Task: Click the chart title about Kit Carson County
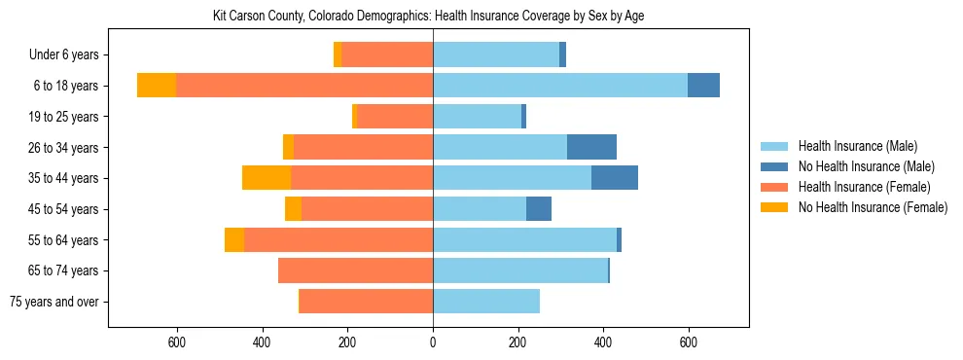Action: (428, 17)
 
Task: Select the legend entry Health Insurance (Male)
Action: (857, 147)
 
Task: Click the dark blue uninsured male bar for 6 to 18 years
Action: (703, 86)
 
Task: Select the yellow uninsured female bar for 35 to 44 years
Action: (267, 178)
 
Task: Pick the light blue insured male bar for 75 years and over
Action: (486, 302)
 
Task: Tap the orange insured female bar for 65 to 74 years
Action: (355, 270)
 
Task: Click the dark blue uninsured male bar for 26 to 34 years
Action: (591, 147)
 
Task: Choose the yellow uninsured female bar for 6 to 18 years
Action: (157, 86)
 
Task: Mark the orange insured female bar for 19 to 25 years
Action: (395, 117)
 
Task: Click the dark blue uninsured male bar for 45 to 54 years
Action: (539, 209)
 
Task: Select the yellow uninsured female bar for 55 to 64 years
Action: (234, 239)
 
